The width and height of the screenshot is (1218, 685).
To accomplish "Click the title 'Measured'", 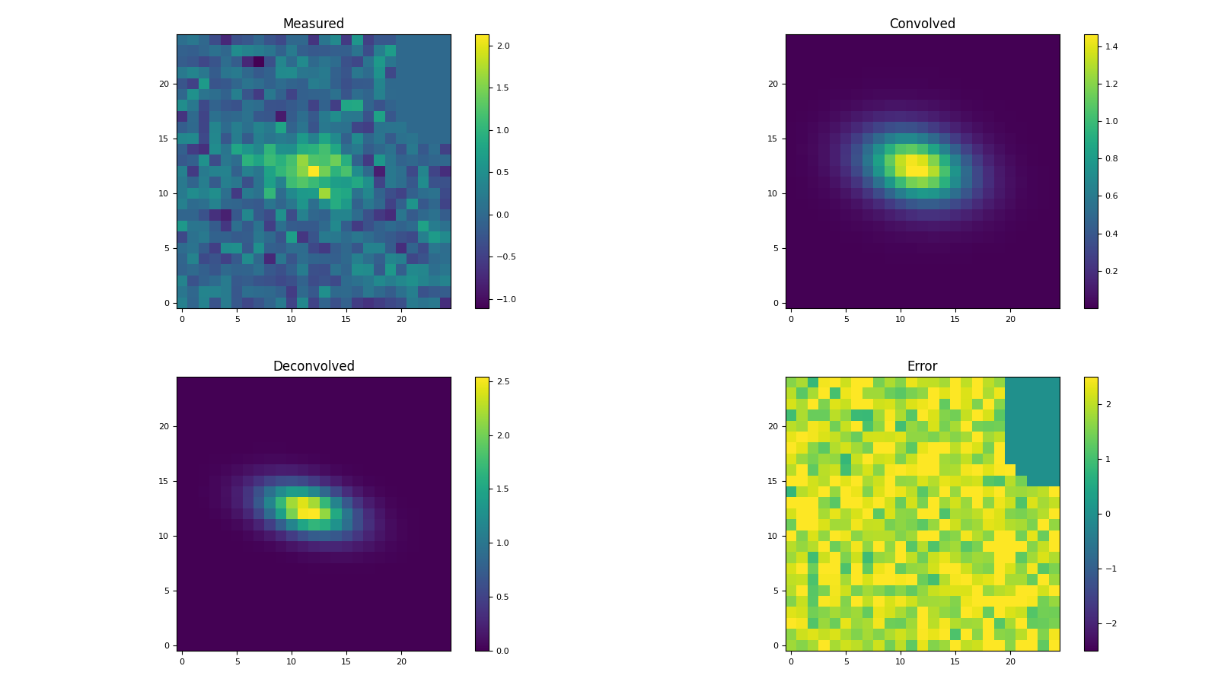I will [x=313, y=24].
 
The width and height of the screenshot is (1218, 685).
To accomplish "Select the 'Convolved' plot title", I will [x=922, y=24].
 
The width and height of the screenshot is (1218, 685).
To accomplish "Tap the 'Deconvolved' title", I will [x=313, y=367].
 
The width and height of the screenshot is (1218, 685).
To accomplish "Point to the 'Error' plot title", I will [x=922, y=367].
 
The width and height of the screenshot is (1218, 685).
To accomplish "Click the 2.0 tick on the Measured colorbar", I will [x=503, y=46].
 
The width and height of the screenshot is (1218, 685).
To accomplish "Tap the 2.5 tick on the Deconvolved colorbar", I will [x=503, y=381].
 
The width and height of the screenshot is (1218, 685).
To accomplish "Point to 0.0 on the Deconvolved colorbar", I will [x=503, y=651].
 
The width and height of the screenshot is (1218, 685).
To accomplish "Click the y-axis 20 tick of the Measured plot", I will [x=164, y=84].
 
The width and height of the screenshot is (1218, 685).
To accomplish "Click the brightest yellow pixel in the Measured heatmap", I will [x=314, y=171].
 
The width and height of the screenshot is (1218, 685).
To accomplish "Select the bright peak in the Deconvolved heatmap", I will [x=308, y=508].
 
